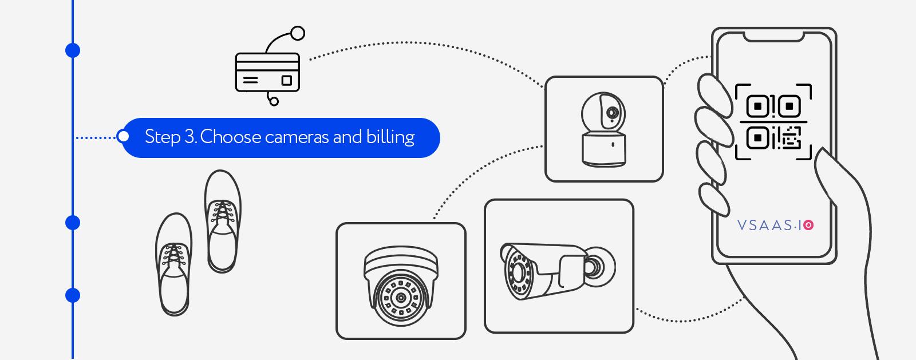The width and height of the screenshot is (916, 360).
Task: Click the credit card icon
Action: pyautogui.click(x=267, y=72)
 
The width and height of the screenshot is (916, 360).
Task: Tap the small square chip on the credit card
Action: pyautogui.click(x=287, y=80)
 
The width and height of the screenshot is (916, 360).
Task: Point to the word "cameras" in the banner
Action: pyautogui.click(x=297, y=138)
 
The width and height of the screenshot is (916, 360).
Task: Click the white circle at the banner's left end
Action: pyautogui.click(x=123, y=136)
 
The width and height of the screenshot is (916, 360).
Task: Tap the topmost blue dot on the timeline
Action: pyautogui.click(x=73, y=50)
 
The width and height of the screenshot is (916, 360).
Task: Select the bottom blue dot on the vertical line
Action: pyautogui.click(x=73, y=295)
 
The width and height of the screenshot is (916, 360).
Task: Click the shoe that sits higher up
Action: pyautogui.click(x=223, y=221)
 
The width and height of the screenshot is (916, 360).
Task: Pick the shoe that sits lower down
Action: pyautogui.click(x=174, y=264)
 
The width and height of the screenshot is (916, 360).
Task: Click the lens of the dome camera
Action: pyautogui.click(x=401, y=298)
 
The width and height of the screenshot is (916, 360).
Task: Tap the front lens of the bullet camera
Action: pyautogui.click(x=518, y=272)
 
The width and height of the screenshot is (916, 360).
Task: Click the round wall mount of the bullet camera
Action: pyautogui.click(x=601, y=267)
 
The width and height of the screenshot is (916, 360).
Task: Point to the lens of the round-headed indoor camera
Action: pyautogui.click(x=612, y=112)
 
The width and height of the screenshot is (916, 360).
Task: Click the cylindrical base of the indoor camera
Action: pyautogui.click(x=604, y=149)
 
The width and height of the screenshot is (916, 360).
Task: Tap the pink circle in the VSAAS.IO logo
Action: pyautogui.click(x=808, y=225)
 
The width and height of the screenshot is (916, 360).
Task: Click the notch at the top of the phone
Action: pyautogui.click(x=773, y=37)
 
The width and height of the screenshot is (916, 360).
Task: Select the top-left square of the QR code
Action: pyautogui.click(x=758, y=106)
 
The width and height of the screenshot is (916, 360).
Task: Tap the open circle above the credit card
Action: pyautogui.click(x=298, y=33)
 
